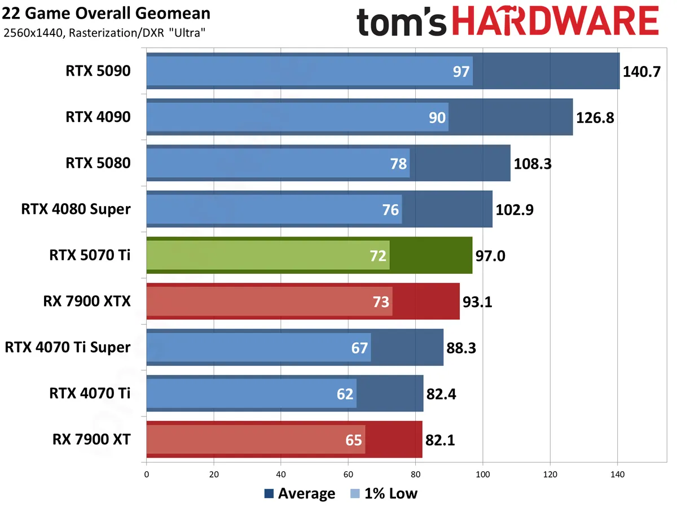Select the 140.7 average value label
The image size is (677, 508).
tap(641, 72)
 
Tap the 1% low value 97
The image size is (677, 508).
tap(461, 72)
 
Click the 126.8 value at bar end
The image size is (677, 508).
tap(595, 117)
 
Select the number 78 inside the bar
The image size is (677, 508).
tap(398, 164)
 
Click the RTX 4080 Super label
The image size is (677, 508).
tap(76, 209)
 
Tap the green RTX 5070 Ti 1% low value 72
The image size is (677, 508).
tap(378, 256)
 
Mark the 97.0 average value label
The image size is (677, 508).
tap(491, 256)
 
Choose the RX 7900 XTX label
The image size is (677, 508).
tap(87, 301)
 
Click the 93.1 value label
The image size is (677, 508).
tap(478, 302)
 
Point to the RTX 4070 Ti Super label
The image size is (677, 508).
tap(68, 347)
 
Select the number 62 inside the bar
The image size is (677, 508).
tap(345, 394)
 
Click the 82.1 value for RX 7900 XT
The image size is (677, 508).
tap(441, 440)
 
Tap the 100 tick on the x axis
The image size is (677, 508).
tap(483, 474)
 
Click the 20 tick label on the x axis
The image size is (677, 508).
tap(214, 474)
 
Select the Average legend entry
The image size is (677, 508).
tap(300, 494)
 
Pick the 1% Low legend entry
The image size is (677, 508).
tap(384, 494)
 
